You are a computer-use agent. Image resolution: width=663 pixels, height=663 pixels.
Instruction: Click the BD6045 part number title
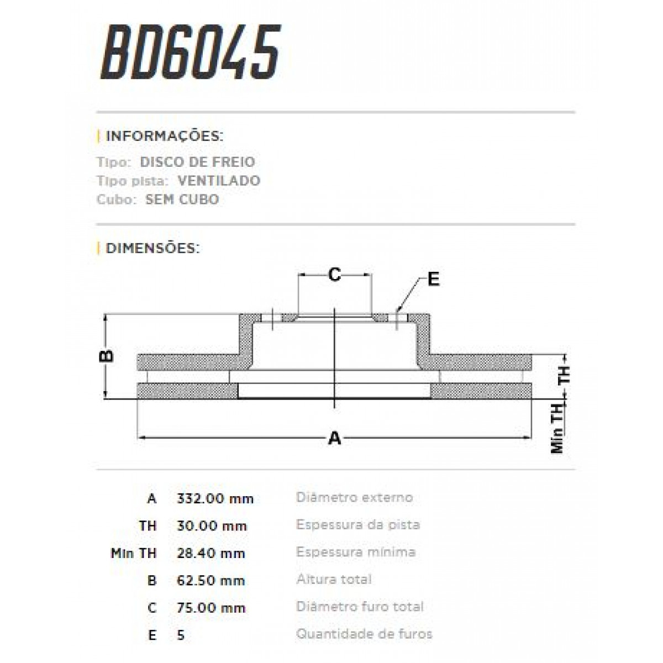[x=191, y=52]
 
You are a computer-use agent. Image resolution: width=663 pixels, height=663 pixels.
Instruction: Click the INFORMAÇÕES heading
[x=164, y=136]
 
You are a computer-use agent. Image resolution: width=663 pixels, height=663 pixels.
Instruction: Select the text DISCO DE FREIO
[x=197, y=162]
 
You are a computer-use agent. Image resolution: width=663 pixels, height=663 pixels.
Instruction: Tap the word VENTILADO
[x=219, y=181]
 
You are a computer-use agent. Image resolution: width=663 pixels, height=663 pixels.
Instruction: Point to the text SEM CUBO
[x=182, y=199]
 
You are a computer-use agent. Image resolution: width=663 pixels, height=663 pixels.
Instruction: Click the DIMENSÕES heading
[x=152, y=248]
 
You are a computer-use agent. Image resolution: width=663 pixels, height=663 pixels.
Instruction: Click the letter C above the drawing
[x=334, y=274]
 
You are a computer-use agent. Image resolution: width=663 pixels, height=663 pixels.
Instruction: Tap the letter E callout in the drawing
[x=434, y=279]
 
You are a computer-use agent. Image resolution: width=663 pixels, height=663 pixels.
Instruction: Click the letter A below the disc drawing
[x=334, y=438]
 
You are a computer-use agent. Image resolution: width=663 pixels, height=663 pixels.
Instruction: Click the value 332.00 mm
[x=215, y=498]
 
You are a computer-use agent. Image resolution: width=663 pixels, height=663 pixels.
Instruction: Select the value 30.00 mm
[x=211, y=526]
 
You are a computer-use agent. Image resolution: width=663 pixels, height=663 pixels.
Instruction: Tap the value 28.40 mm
[x=211, y=553]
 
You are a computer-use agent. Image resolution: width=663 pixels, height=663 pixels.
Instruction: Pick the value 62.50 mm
[x=211, y=581]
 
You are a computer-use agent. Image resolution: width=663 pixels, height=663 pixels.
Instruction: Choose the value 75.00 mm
[x=211, y=608]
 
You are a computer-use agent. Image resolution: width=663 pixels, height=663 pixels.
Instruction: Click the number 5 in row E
[x=181, y=635]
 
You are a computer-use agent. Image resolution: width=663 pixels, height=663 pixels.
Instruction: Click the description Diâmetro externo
[x=354, y=497]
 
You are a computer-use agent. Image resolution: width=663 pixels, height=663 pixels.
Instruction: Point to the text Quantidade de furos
[x=364, y=634]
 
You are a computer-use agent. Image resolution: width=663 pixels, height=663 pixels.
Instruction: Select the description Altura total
[x=334, y=579]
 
